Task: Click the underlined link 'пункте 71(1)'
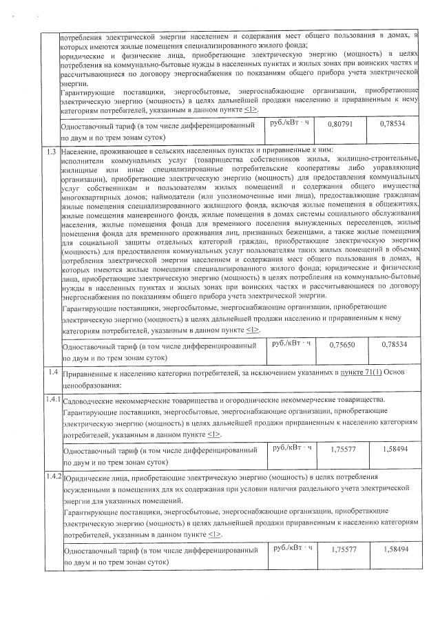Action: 360,372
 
